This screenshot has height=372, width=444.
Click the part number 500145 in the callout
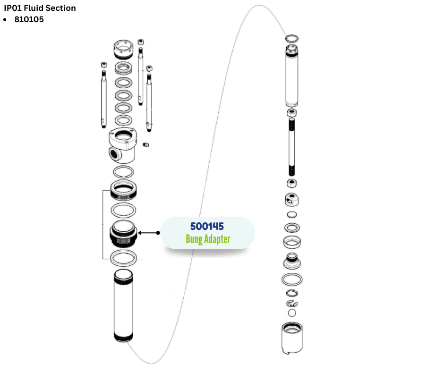(x=207, y=226)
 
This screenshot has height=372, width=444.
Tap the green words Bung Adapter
(x=208, y=239)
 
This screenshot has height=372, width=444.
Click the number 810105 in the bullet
(x=29, y=20)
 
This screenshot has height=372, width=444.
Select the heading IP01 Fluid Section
(x=40, y=8)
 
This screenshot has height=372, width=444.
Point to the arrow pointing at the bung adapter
(x=149, y=233)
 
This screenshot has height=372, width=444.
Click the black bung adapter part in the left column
(x=124, y=234)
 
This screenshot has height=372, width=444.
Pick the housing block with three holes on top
(x=123, y=146)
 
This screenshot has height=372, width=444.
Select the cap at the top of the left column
(x=124, y=49)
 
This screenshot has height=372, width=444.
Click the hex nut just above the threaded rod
(x=292, y=113)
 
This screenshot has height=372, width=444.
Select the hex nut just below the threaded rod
(x=292, y=183)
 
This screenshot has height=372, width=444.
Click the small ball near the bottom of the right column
(x=292, y=313)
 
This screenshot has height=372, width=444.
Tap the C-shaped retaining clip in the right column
(x=292, y=294)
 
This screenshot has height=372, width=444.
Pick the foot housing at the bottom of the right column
(x=292, y=337)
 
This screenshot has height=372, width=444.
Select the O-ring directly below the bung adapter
(x=123, y=258)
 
